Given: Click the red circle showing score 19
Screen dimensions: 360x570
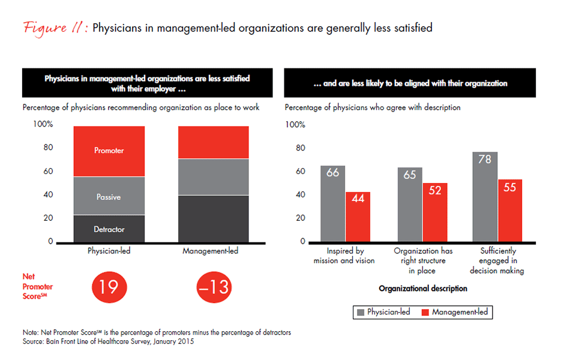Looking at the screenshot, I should coord(109,287).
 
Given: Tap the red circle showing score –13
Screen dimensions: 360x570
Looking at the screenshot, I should coord(213,287).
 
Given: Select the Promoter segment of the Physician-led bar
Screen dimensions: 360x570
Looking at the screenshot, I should coord(109,151).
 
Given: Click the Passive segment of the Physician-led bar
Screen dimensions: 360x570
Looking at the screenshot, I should coord(109,196).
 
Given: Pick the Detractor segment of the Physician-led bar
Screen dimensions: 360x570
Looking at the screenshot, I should coord(109,229).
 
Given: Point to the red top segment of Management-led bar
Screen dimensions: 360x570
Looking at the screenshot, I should coord(214,142).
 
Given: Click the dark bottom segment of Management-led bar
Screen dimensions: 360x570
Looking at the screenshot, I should coord(214,218).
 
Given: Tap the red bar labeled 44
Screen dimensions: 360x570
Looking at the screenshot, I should coord(358,217).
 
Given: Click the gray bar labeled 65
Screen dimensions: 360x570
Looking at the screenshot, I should coord(410,205).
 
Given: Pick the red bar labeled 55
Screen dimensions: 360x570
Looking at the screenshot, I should coord(510,210).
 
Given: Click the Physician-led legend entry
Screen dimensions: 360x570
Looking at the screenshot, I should coord(383,312).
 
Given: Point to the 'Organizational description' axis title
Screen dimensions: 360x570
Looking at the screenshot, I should coord(422,289).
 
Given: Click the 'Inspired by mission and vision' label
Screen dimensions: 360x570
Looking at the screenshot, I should coord(344,256).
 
